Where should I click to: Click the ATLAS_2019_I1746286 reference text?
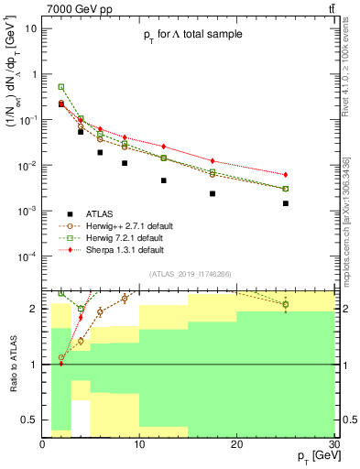click(190, 273)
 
